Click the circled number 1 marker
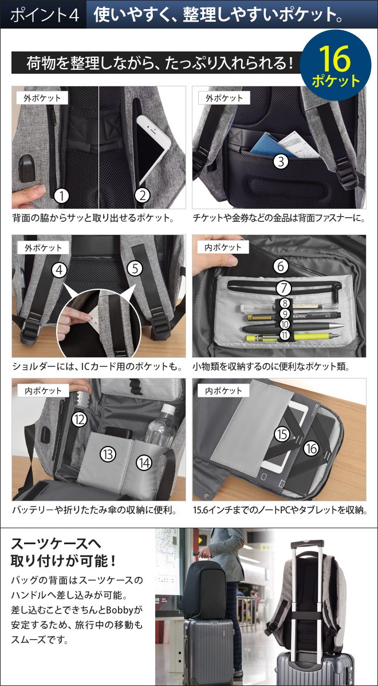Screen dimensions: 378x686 62,196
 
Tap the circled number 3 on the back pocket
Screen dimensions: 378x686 281,161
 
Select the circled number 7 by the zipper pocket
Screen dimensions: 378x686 283,288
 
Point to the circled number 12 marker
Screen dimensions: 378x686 80,419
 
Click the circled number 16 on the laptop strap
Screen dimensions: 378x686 312,449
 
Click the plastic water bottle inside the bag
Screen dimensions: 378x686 160,427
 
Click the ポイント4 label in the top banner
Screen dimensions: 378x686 45,15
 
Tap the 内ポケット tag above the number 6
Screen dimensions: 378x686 223,247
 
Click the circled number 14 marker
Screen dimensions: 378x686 144,462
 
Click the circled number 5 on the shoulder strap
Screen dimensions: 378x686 135,269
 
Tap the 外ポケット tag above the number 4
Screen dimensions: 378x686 43,248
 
